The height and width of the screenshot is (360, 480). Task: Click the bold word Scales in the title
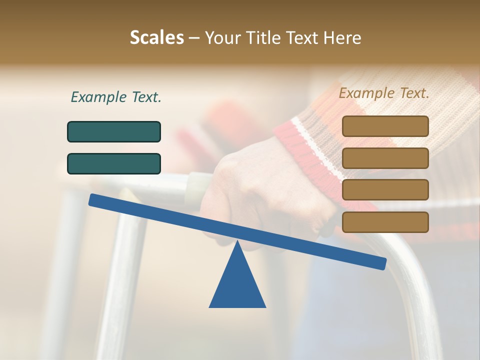[x=156, y=38]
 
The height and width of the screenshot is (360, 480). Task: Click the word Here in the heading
[x=341, y=38]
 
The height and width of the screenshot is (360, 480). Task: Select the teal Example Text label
[x=116, y=97]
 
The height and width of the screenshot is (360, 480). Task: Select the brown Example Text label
[x=384, y=93]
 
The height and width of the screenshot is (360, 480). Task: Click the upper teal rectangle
[x=114, y=131]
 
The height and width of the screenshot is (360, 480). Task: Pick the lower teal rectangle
[x=114, y=163]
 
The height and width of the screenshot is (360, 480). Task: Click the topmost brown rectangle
[x=385, y=126]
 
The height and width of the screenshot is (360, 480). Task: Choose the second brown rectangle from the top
[x=385, y=158]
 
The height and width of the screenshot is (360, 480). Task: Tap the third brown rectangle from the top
[x=385, y=190]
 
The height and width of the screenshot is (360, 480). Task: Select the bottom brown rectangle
[x=385, y=222]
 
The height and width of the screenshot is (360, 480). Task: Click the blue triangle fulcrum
[x=237, y=285]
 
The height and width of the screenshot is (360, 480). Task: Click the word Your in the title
[x=221, y=38]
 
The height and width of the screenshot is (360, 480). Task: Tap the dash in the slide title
[x=194, y=38]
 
